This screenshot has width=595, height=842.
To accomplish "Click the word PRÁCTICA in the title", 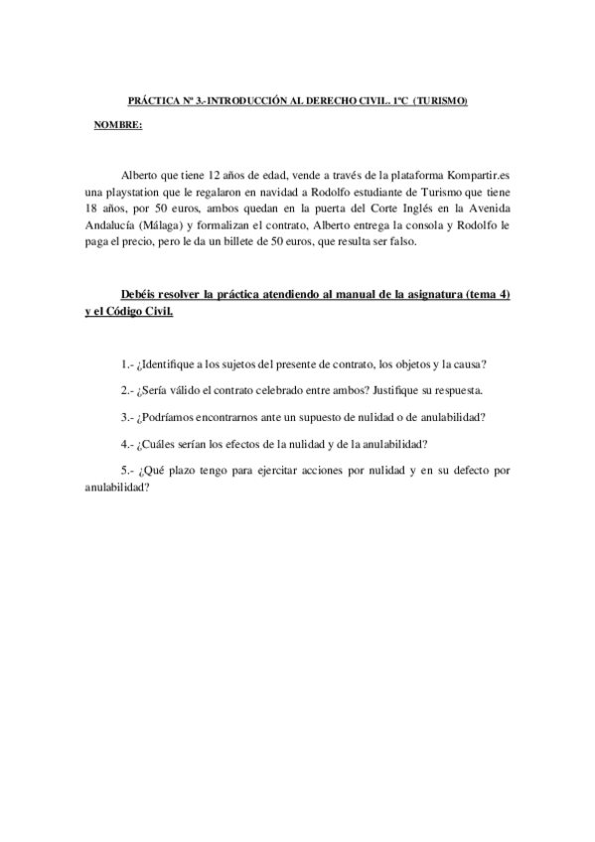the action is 151,102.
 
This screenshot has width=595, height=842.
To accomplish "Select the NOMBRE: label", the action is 117,126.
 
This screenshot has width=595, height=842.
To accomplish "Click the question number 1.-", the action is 127,365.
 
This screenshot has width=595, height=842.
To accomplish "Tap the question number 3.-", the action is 127,417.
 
